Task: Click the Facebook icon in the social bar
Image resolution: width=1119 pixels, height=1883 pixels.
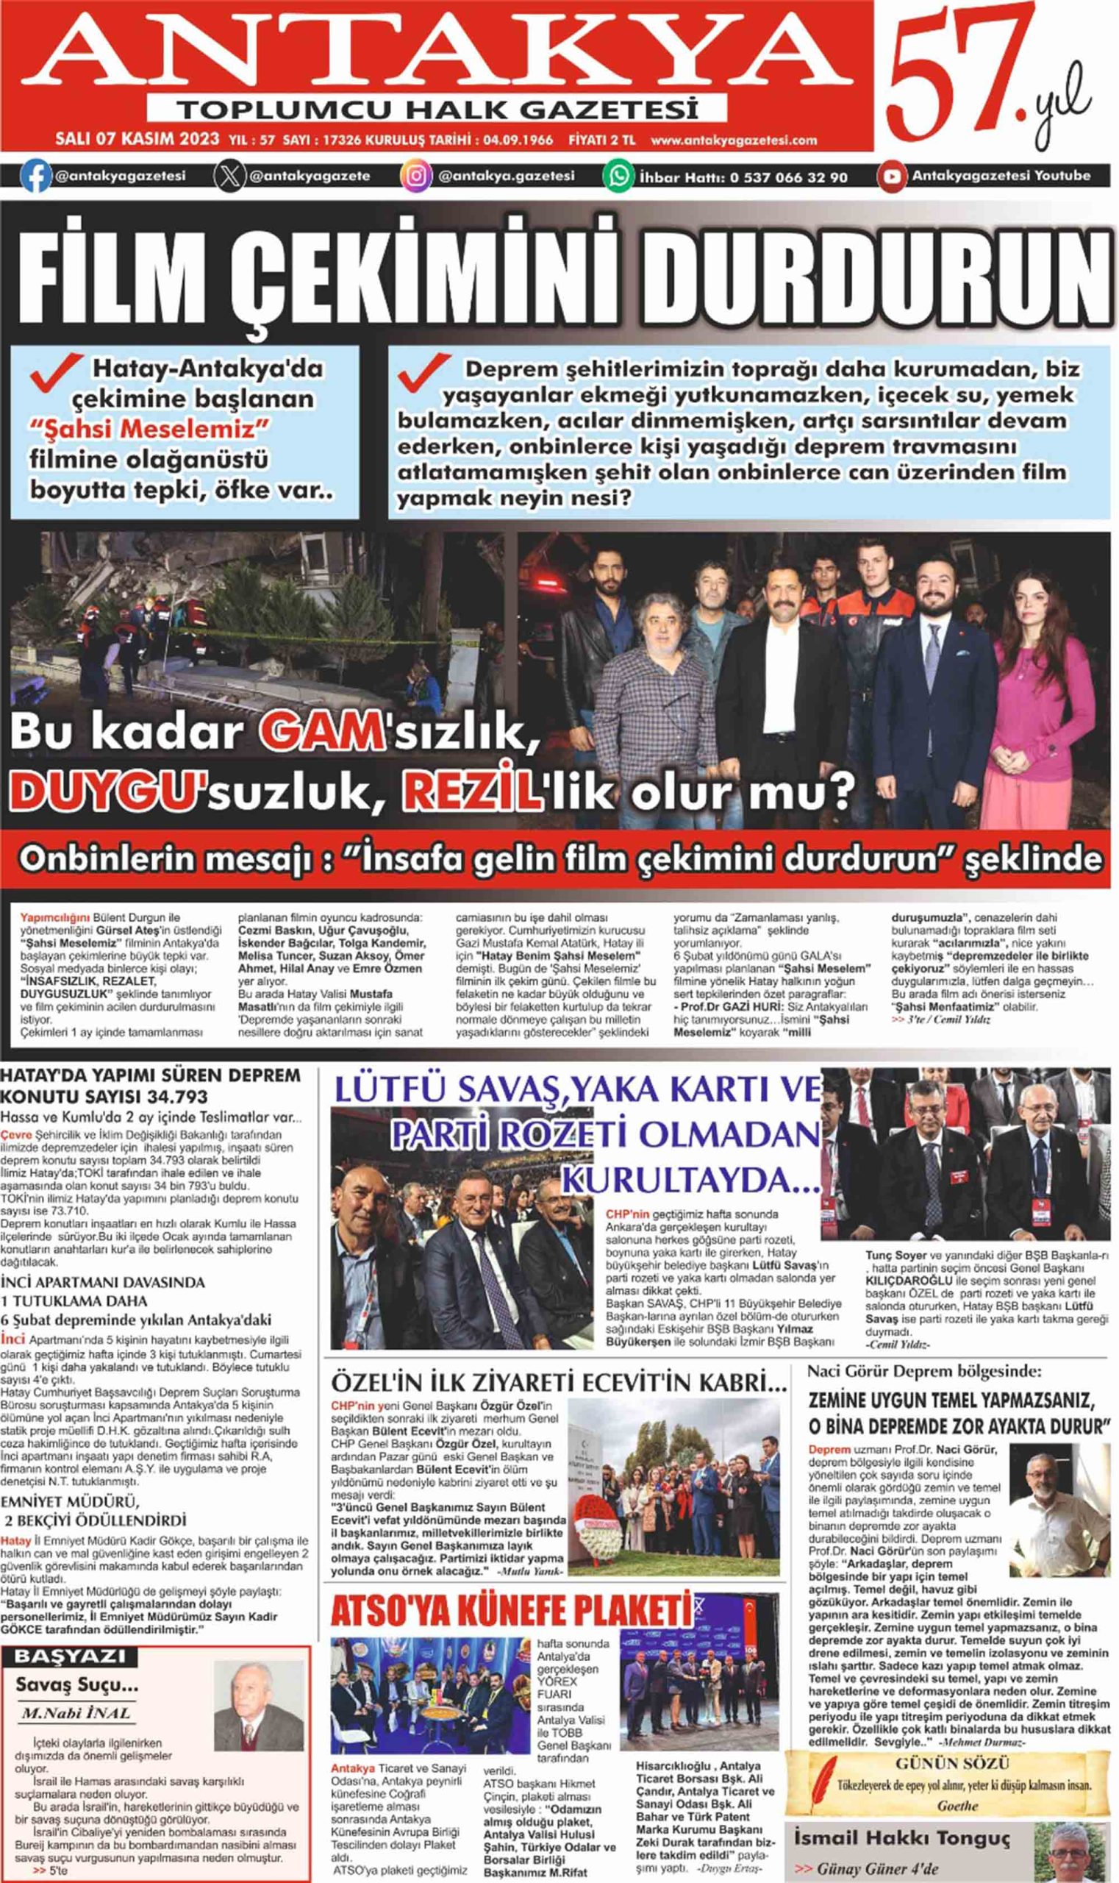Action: click(x=36, y=175)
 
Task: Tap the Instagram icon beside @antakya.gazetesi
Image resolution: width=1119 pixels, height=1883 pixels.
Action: click(x=415, y=176)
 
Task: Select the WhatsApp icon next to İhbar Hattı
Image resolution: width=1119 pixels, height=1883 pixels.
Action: click(x=618, y=177)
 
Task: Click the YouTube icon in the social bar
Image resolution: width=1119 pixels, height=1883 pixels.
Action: click(x=892, y=176)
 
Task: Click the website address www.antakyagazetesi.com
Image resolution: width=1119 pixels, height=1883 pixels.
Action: click(x=734, y=140)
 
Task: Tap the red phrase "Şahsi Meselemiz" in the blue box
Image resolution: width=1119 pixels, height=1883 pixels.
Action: click(x=149, y=430)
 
